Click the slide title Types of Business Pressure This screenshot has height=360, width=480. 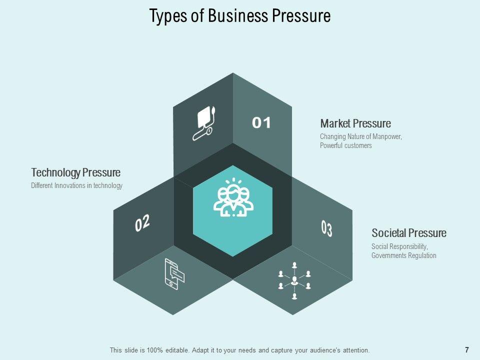tap(240, 16)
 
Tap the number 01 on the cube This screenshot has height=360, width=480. tap(261, 122)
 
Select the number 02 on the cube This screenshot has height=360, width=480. tap(142, 223)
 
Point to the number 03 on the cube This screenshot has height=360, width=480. tap(326, 228)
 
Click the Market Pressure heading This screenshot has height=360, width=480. tap(355, 123)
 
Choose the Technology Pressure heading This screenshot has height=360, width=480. tap(76, 173)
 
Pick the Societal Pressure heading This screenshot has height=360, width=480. tap(409, 233)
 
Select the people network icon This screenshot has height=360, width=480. tap(294, 280)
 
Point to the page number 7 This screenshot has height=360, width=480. tap(466, 350)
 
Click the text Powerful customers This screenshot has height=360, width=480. tap(346, 146)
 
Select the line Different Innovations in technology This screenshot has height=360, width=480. tap(76, 186)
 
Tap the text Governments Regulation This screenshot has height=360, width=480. tap(404, 255)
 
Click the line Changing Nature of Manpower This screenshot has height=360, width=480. tap(361, 137)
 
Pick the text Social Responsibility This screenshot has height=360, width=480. tap(400, 246)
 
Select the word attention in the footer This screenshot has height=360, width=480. tap(355, 350)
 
